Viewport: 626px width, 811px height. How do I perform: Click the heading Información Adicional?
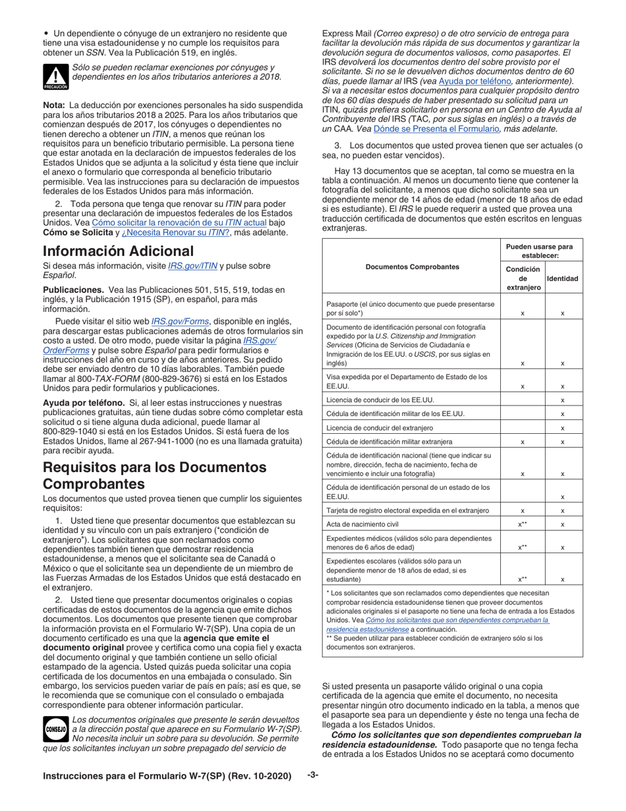118,251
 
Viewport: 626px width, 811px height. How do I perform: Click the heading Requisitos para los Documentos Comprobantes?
155,475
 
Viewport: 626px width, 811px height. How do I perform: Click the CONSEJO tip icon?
55,729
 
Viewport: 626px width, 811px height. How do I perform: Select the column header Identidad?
563,279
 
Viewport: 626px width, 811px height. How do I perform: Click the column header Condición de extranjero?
523,278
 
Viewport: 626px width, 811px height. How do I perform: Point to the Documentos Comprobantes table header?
412,267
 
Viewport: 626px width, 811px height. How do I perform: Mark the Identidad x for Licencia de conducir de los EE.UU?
562,400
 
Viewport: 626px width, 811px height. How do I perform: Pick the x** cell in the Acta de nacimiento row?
523,524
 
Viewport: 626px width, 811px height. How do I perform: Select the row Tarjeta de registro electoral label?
407,510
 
